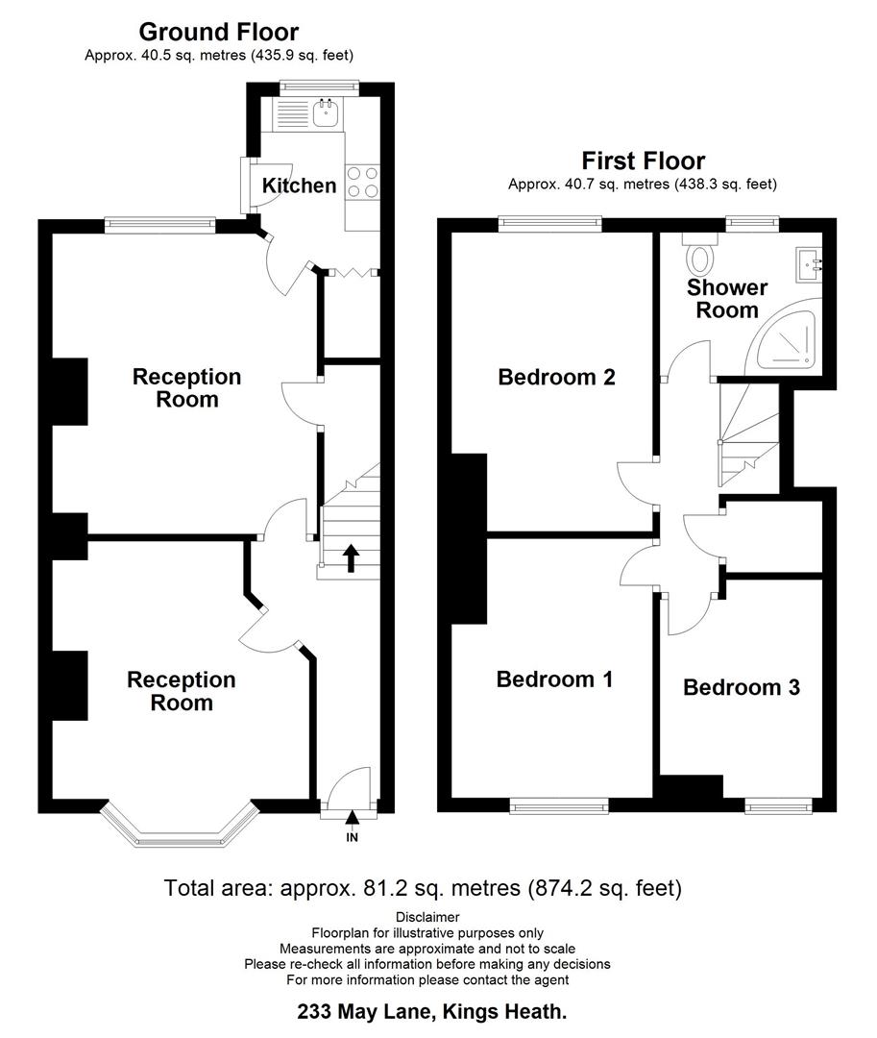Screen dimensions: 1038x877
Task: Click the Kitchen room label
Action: tap(300, 185)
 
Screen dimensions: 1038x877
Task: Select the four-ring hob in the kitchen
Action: tap(362, 182)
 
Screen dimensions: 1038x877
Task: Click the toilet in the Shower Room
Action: tap(700, 257)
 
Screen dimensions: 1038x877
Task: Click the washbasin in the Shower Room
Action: tap(808, 261)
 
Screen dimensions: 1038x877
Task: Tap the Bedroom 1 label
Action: tap(554, 680)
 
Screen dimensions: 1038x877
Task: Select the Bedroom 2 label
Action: tap(556, 377)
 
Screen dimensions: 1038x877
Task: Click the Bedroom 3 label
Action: tap(741, 687)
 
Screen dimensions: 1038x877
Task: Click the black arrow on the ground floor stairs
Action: tap(351, 557)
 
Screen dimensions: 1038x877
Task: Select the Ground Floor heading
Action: tap(219, 33)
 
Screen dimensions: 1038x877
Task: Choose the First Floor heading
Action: tap(643, 161)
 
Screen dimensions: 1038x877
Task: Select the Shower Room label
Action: tap(727, 299)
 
